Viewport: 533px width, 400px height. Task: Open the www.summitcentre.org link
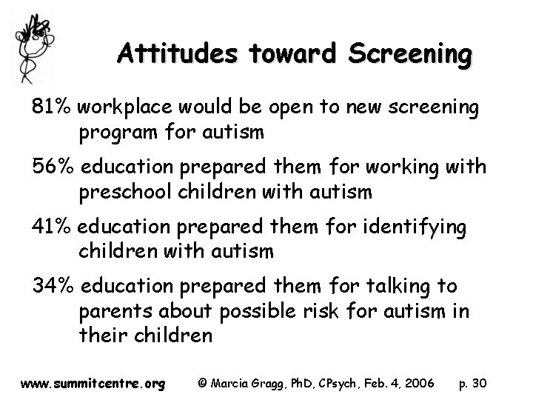point(93,384)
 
